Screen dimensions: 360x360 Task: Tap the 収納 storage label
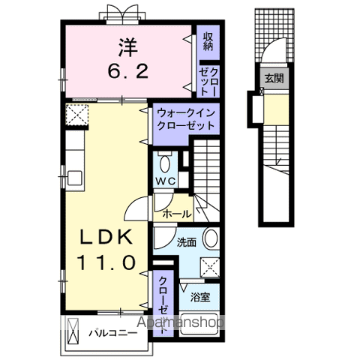(x=208, y=41)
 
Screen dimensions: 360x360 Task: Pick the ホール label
(x=176, y=214)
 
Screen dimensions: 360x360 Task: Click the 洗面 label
(x=187, y=243)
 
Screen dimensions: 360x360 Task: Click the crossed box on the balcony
(x=73, y=331)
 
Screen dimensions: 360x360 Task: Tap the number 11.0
(x=107, y=263)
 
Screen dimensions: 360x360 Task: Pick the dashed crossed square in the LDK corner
(x=76, y=115)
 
